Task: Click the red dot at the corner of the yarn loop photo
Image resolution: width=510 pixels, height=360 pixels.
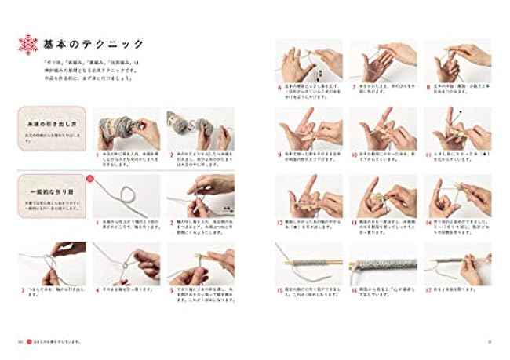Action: click(91, 178)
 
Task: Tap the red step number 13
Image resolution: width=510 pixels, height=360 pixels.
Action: click(354, 220)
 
